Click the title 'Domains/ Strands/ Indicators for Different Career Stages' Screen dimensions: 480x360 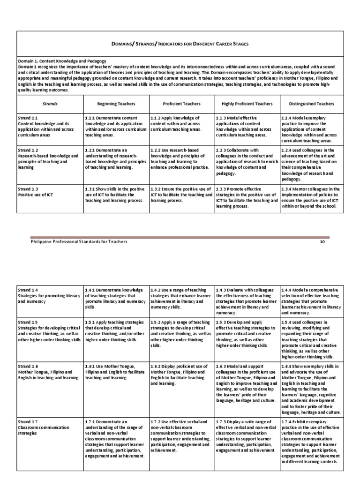(x=180, y=44)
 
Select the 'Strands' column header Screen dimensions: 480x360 (x=50, y=103)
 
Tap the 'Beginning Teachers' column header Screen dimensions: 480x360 (x=116, y=103)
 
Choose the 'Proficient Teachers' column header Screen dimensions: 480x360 (x=181, y=103)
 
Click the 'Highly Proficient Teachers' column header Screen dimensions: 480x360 (x=247, y=103)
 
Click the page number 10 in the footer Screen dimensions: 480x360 (x=322, y=241)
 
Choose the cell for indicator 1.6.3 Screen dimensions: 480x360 (x=247, y=382)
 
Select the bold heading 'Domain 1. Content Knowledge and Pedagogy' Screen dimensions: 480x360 (x=62, y=61)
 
